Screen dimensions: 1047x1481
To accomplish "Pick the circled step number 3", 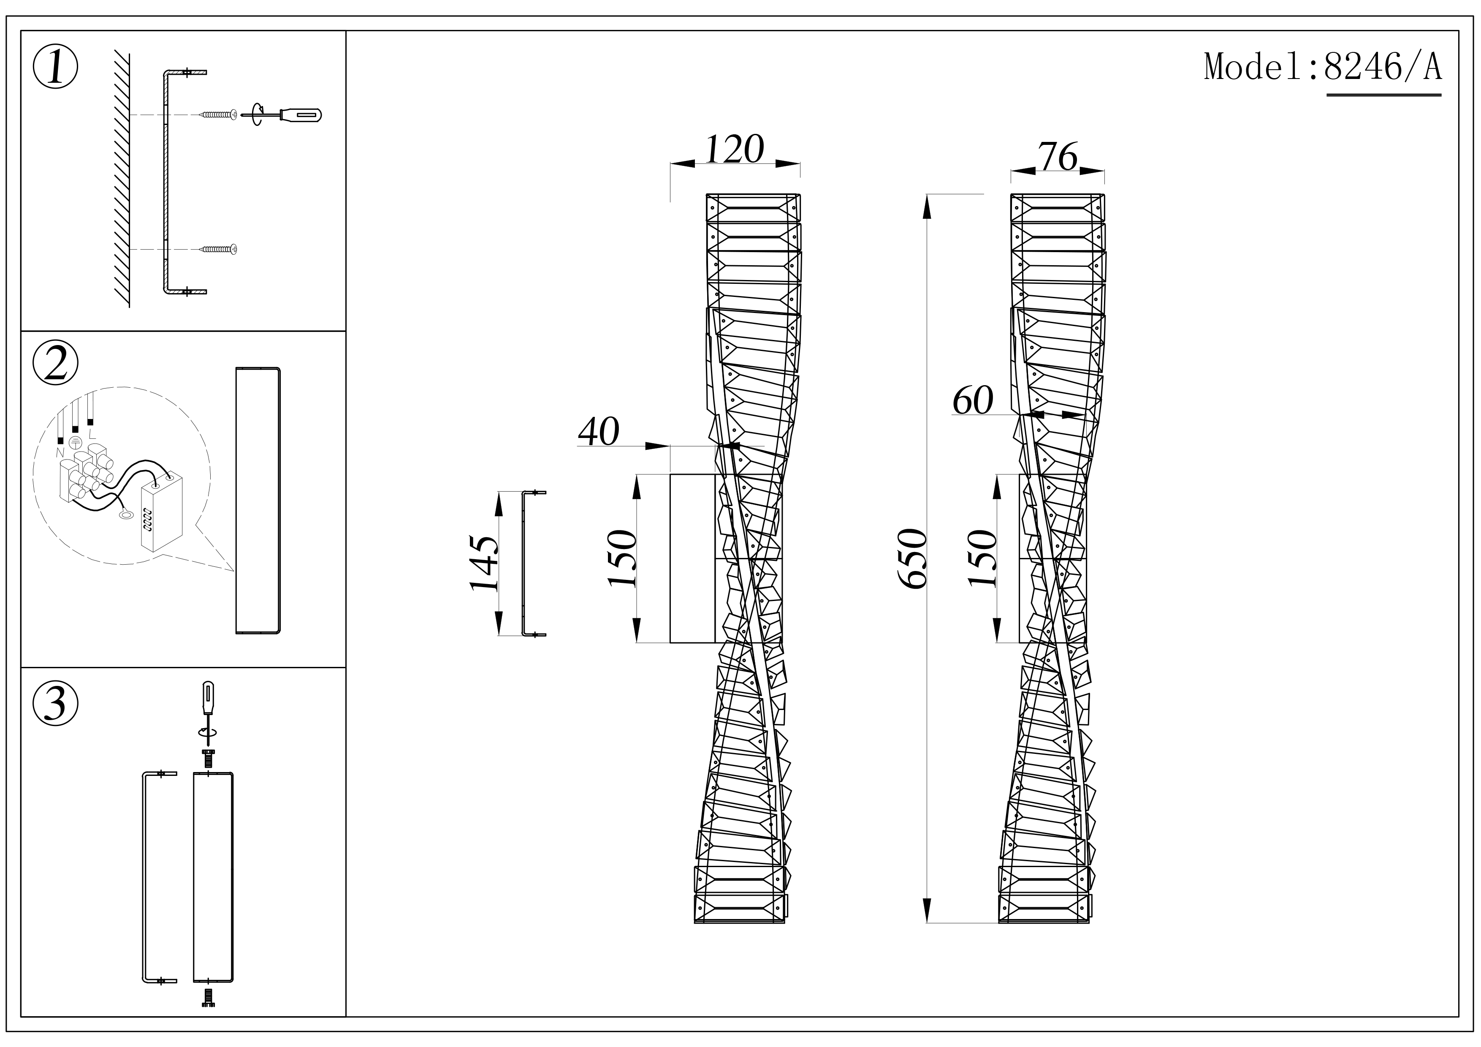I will (55, 703).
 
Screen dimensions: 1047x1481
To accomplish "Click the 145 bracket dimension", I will (484, 563).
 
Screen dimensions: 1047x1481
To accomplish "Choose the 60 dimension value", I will (973, 401).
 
